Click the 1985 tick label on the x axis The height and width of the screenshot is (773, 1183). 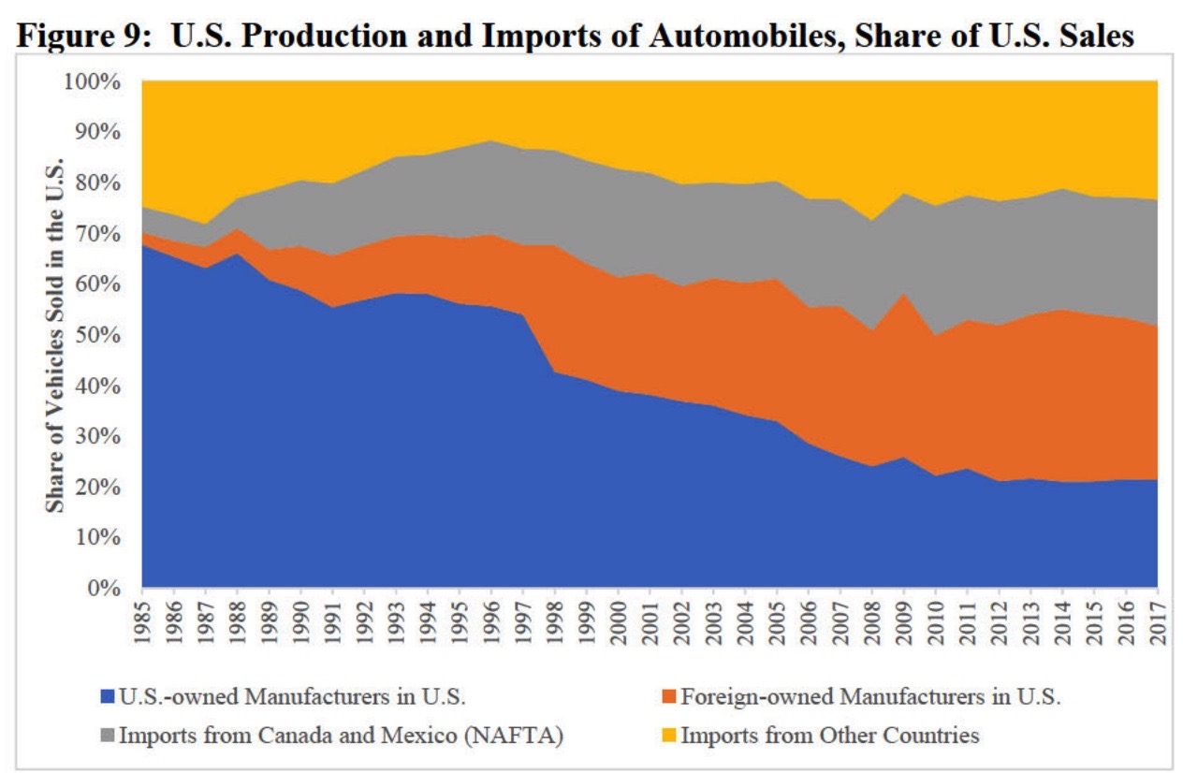point(142,621)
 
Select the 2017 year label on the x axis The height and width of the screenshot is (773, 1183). point(1158,621)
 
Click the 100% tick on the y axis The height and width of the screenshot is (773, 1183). point(94,81)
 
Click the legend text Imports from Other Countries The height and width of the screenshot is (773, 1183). point(829,736)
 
